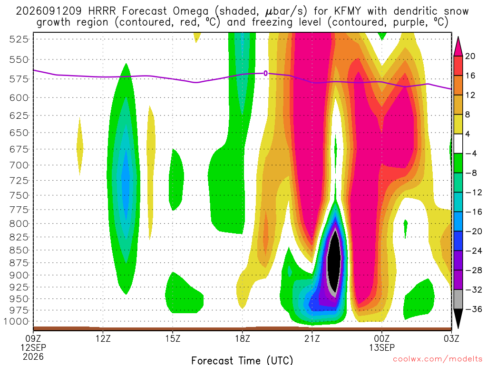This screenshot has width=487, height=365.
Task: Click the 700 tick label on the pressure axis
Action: (x=19, y=165)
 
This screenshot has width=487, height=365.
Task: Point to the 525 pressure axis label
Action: (x=19, y=39)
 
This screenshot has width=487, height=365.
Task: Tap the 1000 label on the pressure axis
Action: (x=16, y=322)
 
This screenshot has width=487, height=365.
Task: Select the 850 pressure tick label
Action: (x=19, y=250)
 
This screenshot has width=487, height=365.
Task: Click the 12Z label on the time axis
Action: (x=103, y=338)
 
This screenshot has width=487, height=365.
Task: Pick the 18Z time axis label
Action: (x=242, y=338)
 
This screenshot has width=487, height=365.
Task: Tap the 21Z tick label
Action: (x=312, y=338)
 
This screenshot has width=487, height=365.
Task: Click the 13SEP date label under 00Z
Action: (x=382, y=347)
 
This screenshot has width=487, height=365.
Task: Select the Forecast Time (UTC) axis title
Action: (x=242, y=360)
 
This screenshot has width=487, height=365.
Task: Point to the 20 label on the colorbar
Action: (x=470, y=56)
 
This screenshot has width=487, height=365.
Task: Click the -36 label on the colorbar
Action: (x=474, y=309)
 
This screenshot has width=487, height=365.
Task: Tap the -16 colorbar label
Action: (x=474, y=212)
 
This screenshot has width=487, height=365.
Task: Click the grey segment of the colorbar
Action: (x=458, y=299)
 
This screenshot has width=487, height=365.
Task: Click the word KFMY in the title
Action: (x=347, y=11)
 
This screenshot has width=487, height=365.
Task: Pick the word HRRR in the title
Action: (x=102, y=11)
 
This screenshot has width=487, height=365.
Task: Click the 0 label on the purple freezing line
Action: (x=265, y=73)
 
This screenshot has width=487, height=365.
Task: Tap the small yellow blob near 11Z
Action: (x=80, y=146)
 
